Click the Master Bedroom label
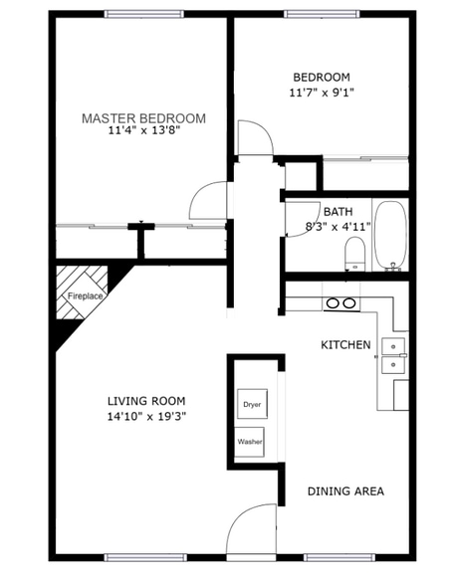pyautogui.click(x=143, y=118)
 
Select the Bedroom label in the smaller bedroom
pyautogui.click(x=321, y=78)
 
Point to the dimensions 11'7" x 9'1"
pyautogui.click(x=321, y=93)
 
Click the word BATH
pyautogui.click(x=338, y=212)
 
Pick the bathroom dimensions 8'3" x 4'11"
pyautogui.click(x=338, y=226)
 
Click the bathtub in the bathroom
pyautogui.click(x=390, y=235)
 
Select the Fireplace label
pyautogui.click(x=85, y=296)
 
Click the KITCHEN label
pyautogui.click(x=345, y=345)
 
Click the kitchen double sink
pyautogui.click(x=395, y=355)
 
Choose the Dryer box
pyautogui.click(x=250, y=405)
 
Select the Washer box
pyautogui.click(x=250, y=442)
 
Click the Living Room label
pyautogui.click(x=147, y=401)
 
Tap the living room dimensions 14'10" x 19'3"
pyautogui.click(x=147, y=416)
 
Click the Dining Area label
pyautogui.click(x=345, y=490)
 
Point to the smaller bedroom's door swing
pyautogui.click(x=255, y=136)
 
